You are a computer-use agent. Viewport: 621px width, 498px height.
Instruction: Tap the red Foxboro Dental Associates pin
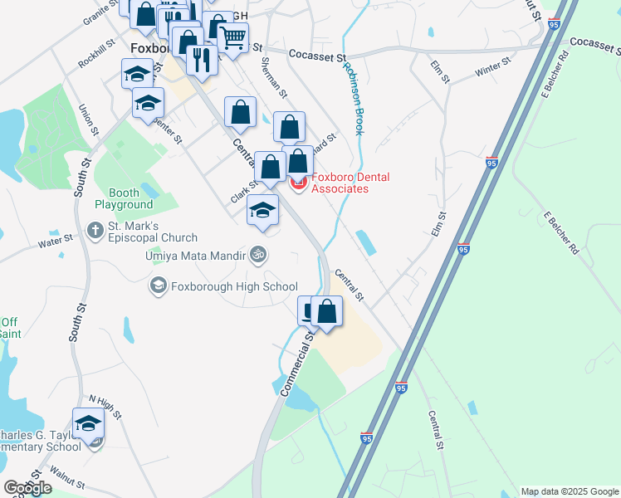[298, 184]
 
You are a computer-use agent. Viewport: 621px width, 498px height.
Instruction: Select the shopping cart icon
[233, 37]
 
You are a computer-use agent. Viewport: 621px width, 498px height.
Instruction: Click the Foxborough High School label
[233, 287]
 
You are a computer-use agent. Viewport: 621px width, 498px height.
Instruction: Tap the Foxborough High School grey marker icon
[157, 286]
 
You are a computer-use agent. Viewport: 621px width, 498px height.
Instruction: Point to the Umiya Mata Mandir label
[195, 255]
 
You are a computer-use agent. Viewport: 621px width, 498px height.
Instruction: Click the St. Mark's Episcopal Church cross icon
[95, 229]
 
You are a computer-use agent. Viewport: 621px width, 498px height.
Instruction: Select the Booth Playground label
[124, 198]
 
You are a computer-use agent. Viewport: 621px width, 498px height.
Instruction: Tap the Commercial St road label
[300, 366]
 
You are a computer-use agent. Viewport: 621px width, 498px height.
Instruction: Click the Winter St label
[492, 68]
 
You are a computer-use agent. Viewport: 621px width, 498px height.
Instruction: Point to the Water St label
[56, 242]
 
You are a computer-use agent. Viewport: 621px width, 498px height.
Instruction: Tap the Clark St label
[243, 196]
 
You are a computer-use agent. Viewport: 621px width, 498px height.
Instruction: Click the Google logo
[27, 487]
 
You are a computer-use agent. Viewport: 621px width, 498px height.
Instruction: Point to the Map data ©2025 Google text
[569, 491]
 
